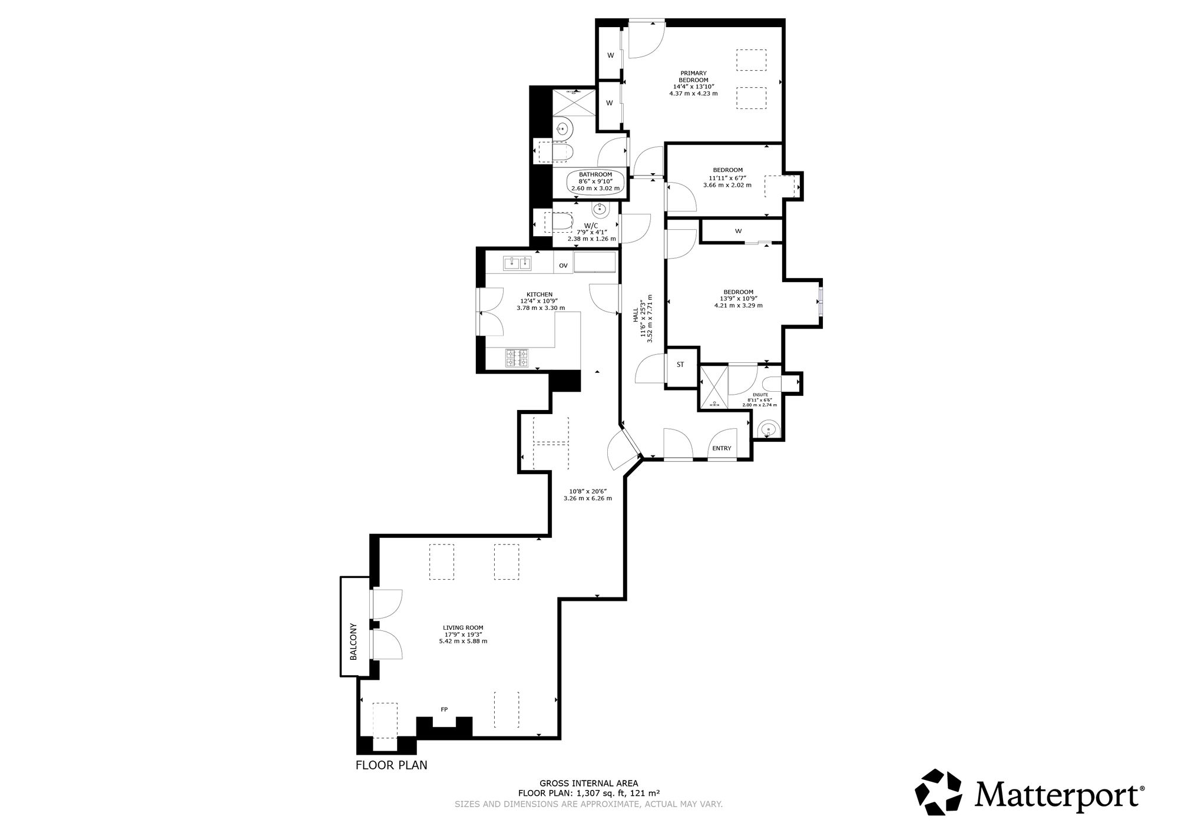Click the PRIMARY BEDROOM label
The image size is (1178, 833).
[693, 77]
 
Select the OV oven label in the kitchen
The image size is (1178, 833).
[563, 266]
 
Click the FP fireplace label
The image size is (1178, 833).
[444, 709]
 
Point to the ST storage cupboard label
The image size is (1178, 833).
[680, 365]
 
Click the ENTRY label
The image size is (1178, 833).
[722, 448]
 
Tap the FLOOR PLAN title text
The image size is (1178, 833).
[392, 765]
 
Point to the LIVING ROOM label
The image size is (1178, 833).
[463, 627]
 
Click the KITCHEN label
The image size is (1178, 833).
[540, 295]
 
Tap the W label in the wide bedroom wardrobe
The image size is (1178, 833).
[738, 231]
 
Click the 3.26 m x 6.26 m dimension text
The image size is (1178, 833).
[588, 498]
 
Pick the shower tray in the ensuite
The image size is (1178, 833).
[713, 386]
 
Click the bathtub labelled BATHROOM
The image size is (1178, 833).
[595, 181]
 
